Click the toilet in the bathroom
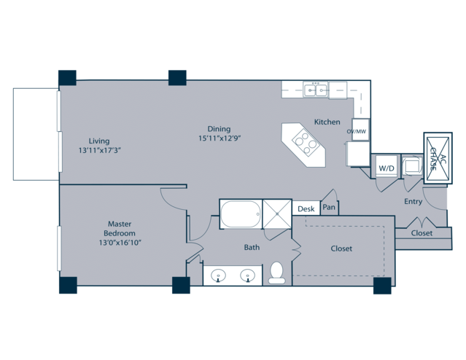[x=276, y=273]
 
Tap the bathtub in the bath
[x=241, y=214]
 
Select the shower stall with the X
[x=277, y=214]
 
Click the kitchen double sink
[x=315, y=90]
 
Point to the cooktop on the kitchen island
[x=305, y=144]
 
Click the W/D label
[x=387, y=168]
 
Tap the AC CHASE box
[x=438, y=158]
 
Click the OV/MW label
[x=357, y=131]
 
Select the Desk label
[x=306, y=209]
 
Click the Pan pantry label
[x=329, y=207]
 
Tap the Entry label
[x=413, y=202]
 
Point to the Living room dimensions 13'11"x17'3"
[x=100, y=150]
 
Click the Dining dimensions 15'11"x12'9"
[x=220, y=138]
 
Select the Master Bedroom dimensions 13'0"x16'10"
[x=120, y=243]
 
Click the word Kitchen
[x=327, y=122]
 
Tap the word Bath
[x=252, y=247]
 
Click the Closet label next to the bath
[x=341, y=249]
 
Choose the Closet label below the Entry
[x=422, y=233]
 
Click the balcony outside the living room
[x=36, y=134]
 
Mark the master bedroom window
[x=59, y=249]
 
